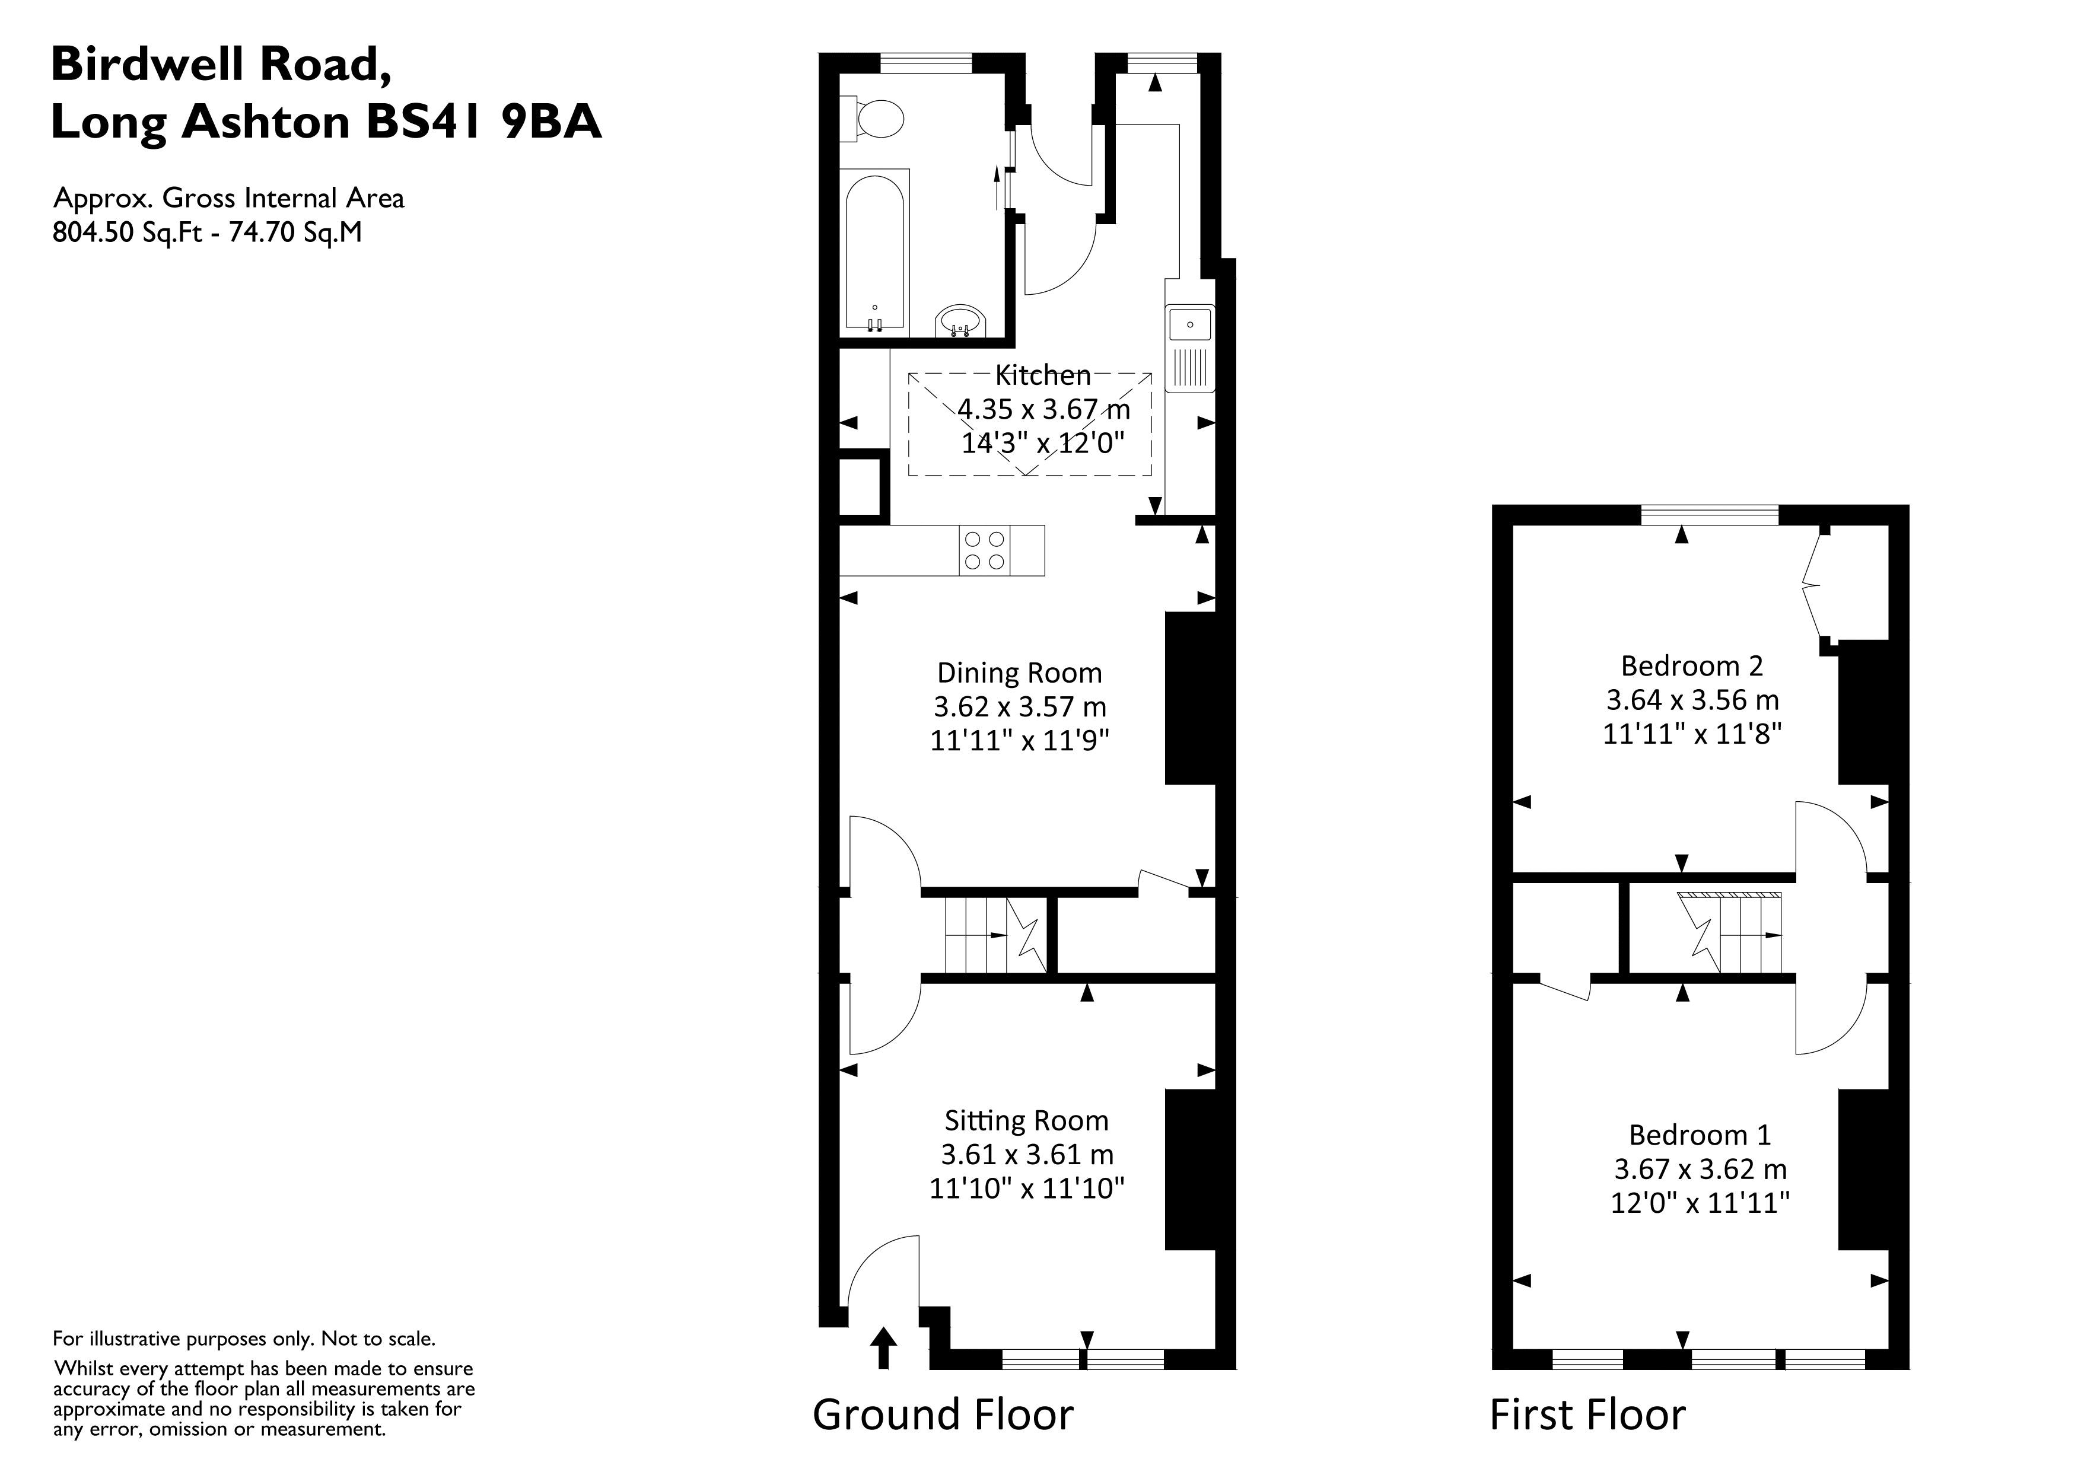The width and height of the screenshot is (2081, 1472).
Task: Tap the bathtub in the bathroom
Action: [874, 254]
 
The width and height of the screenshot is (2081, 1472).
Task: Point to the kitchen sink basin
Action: [1189, 324]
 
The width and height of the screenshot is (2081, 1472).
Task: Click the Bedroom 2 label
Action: [1691, 666]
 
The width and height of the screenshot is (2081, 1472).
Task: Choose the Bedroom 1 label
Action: [1700, 1135]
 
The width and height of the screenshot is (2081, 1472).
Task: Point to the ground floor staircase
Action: [992, 935]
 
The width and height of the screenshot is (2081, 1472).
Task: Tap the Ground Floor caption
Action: [943, 1414]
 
